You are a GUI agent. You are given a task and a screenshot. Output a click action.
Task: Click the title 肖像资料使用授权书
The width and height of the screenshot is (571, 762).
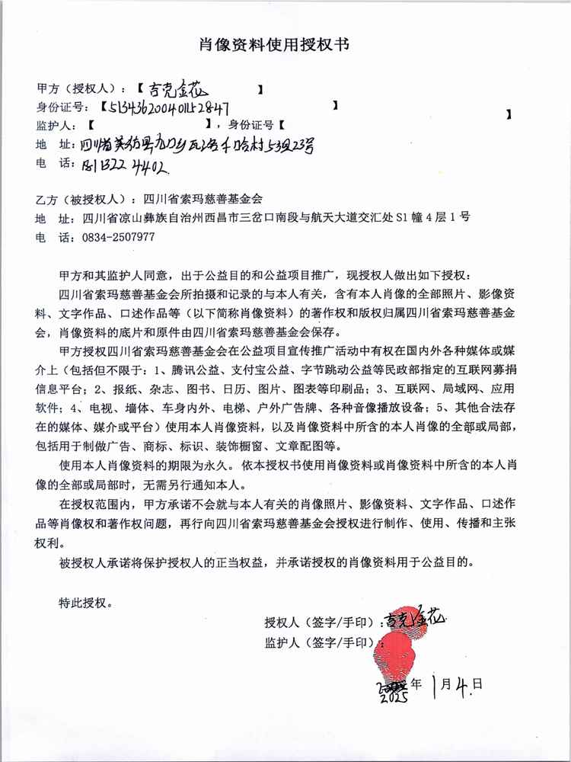click(285, 45)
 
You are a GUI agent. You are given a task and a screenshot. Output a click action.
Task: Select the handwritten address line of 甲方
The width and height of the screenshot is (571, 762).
click(183, 144)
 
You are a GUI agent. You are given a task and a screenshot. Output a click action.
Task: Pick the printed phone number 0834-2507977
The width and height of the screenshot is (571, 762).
click(118, 237)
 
